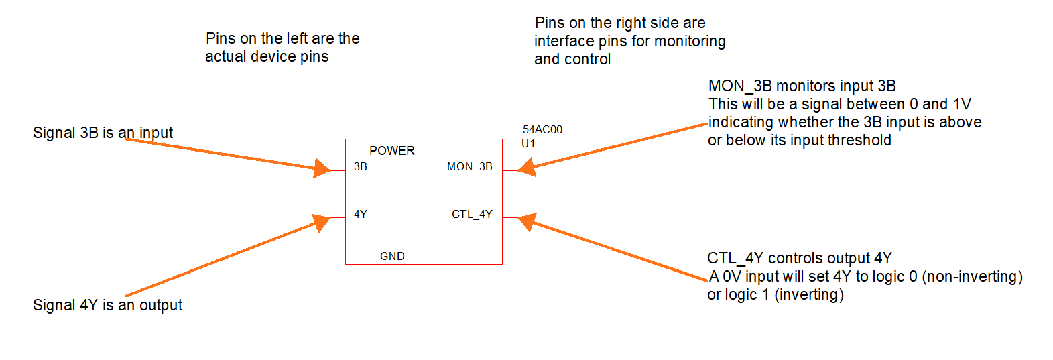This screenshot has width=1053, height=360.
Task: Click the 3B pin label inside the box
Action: click(x=361, y=166)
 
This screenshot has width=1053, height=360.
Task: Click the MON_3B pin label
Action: click(x=469, y=166)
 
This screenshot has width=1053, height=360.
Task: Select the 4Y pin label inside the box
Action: click(x=361, y=214)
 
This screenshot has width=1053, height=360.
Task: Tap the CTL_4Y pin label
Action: click(x=472, y=214)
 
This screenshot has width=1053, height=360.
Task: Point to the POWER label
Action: click(x=392, y=151)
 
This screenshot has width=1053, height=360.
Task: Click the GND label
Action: click(x=392, y=256)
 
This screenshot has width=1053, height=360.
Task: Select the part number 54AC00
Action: click(x=542, y=129)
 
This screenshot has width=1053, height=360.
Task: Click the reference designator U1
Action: click(x=528, y=143)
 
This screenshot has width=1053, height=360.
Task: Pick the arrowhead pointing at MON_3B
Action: click(x=526, y=167)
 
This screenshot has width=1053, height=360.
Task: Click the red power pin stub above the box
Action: click(x=393, y=131)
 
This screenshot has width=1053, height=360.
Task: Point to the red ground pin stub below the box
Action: click(x=393, y=272)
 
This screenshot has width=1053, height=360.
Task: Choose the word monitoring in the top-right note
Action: click(x=690, y=41)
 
